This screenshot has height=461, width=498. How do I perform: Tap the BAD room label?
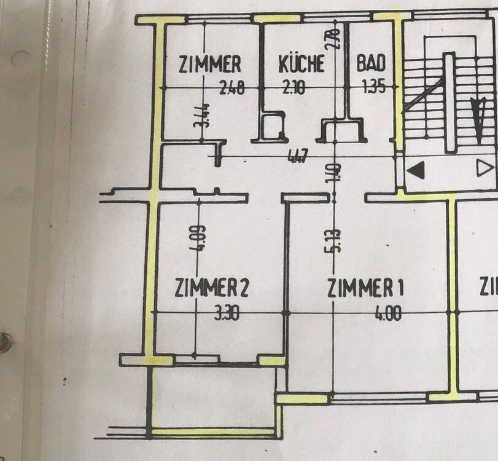point(371,64)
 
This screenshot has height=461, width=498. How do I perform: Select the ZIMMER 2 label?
point(211,288)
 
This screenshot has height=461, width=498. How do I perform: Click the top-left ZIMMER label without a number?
point(209,64)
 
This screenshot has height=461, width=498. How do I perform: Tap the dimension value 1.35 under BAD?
point(373,88)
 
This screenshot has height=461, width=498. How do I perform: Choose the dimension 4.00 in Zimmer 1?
point(388,315)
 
